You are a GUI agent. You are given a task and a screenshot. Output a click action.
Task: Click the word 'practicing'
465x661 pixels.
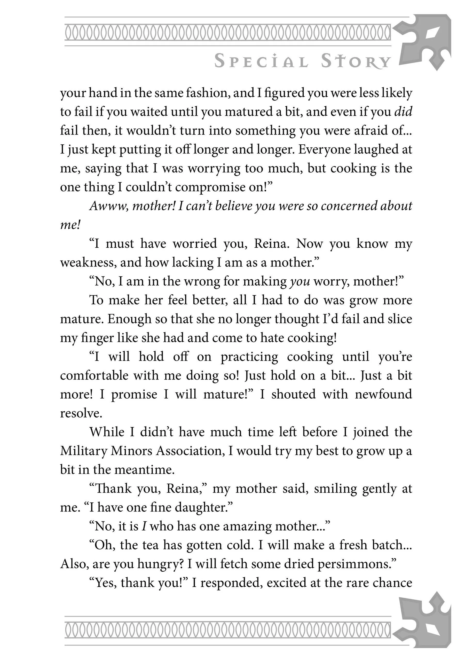(x=249, y=356)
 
